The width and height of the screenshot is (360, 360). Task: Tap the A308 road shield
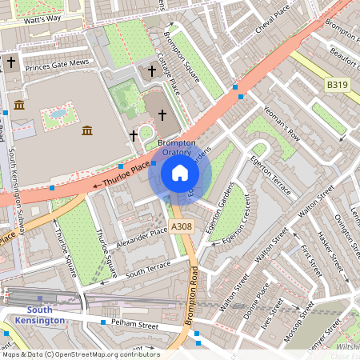click(x=182, y=228)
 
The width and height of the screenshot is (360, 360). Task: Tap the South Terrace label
click(x=148, y=267)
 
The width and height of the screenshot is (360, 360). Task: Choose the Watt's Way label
click(x=42, y=18)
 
